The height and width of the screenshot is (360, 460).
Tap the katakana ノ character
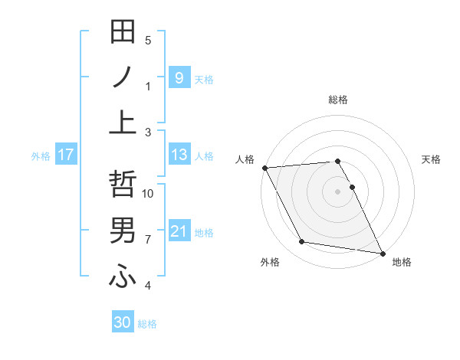[123, 77]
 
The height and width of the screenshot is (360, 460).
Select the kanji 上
[123, 122]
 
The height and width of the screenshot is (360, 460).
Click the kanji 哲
[123, 185]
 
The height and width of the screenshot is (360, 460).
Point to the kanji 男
[123, 230]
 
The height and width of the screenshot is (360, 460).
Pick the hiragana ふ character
[123, 276]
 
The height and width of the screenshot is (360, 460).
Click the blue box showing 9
[179, 77]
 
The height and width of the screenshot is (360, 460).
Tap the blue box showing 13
[179, 155]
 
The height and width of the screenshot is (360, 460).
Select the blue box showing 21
[179, 231]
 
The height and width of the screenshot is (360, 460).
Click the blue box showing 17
[65, 155]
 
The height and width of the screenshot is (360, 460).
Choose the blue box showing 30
[123, 322]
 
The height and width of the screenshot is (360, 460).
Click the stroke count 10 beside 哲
[148, 194]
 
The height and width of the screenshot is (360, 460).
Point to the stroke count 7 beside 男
[148, 240]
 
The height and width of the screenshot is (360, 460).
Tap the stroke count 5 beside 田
[148, 41]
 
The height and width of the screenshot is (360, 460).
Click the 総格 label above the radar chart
[337, 100]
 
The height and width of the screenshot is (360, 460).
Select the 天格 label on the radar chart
[432, 159]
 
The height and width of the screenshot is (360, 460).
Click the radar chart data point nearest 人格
[264, 168]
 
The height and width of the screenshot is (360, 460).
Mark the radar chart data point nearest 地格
[382, 252]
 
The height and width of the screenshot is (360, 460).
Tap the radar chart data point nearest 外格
[302, 242]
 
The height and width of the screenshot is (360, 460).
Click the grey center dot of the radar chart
[337, 191]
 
